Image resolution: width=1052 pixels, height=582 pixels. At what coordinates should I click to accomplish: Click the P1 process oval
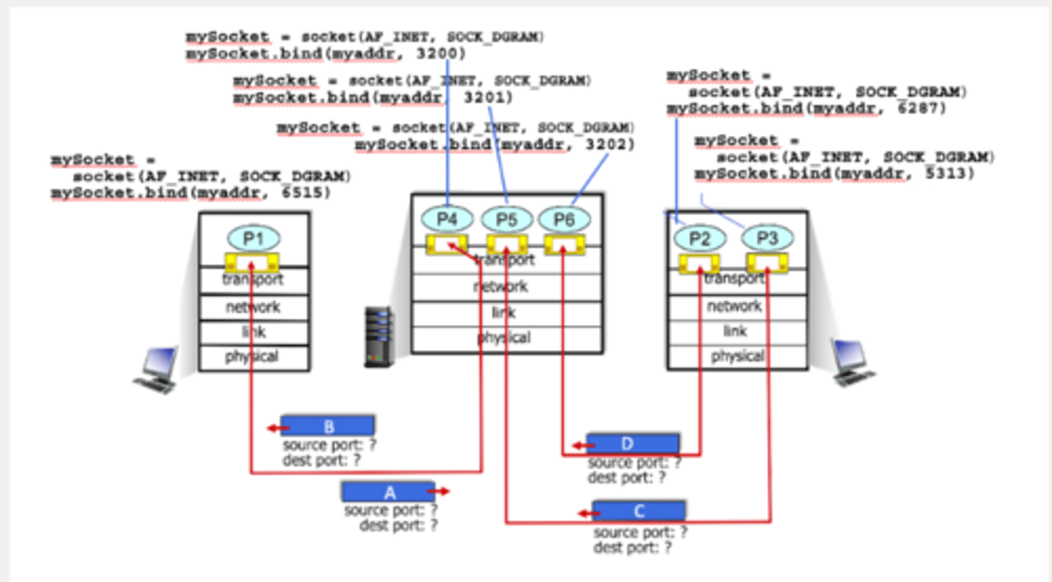tap(254, 237)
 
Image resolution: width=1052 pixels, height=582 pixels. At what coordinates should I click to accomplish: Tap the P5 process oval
tap(506, 219)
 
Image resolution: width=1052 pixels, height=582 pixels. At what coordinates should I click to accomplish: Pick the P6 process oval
tap(564, 219)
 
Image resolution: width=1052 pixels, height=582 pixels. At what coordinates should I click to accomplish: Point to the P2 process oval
tap(699, 238)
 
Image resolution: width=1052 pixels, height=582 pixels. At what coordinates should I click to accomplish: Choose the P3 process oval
tap(767, 238)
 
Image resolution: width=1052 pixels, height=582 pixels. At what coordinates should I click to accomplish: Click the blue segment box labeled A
tap(389, 491)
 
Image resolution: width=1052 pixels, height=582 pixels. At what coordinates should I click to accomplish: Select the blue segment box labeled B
tap(328, 426)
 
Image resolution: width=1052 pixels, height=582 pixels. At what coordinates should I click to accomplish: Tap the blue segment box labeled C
tap(639, 510)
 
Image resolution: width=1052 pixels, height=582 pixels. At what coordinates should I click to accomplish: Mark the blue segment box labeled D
tap(633, 444)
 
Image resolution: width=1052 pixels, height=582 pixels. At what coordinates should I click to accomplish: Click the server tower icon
tap(379, 337)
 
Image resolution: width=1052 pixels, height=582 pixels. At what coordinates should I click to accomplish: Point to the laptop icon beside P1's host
tap(156, 371)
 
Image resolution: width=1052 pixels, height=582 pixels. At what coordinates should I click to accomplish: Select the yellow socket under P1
tap(252, 263)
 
